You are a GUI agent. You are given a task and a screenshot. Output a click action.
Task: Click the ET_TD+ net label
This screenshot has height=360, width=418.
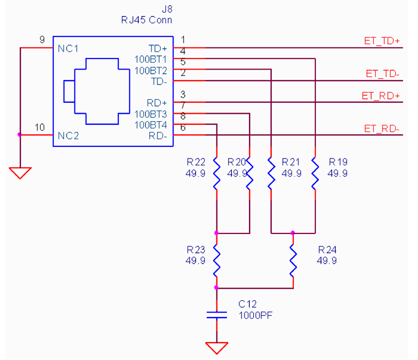pyautogui.click(x=382, y=41)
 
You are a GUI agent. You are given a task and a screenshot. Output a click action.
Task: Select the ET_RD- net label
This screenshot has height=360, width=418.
pyautogui.click(x=381, y=129)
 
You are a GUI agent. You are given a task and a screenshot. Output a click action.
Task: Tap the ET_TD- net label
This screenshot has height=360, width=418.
pyautogui.click(x=382, y=74)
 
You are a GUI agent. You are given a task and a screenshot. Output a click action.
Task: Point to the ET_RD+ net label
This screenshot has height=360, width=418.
pyautogui.click(x=381, y=96)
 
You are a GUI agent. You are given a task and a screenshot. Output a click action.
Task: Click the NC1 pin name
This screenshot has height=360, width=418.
pyautogui.click(x=69, y=49)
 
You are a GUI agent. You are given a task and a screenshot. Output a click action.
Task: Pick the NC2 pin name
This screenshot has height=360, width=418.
pyautogui.click(x=69, y=136)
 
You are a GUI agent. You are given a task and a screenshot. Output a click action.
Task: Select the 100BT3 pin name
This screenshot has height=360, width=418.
pyautogui.click(x=150, y=114)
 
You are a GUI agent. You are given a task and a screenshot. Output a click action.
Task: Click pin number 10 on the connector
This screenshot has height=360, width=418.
pyautogui.click(x=39, y=128)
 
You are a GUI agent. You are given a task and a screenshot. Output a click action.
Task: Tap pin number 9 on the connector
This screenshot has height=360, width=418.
pyautogui.click(x=42, y=39)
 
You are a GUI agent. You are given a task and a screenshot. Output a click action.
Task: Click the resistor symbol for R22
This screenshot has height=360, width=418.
pyautogui.click(x=217, y=174)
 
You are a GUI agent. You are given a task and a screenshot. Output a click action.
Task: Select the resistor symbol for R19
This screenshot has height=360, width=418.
pyautogui.click(x=315, y=174)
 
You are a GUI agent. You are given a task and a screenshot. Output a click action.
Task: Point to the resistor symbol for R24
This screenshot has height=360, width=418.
pyautogui.click(x=293, y=261)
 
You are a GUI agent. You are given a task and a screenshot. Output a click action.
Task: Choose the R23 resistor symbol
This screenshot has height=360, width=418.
pyautogui.click(x=217, y=261)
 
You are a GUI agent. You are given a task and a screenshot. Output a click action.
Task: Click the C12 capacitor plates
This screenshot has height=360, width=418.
pyautogui.click(x=217, y=315)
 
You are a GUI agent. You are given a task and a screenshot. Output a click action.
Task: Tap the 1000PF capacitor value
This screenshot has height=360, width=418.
pyautogui.click(x=255, y=315)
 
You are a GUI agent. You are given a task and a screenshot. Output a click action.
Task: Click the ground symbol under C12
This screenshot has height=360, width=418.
pyautogui.click(x=217, y=348)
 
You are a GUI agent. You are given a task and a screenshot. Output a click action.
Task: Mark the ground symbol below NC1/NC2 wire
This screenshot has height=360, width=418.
pyautogui.click(x=20, y=173)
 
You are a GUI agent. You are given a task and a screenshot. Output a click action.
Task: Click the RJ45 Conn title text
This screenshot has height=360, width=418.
pyautogui.click(x=146, y=20)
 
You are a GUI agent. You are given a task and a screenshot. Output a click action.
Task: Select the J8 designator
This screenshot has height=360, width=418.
pyautogui.click(x=167, y=9)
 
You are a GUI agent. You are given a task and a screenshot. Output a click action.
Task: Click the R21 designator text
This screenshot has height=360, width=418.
pyautogui.click(x=291, y=162)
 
